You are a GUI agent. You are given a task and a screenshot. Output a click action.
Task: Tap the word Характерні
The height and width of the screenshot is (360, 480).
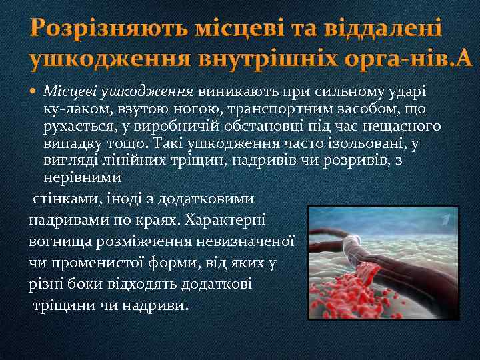click(x=225, y=220)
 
